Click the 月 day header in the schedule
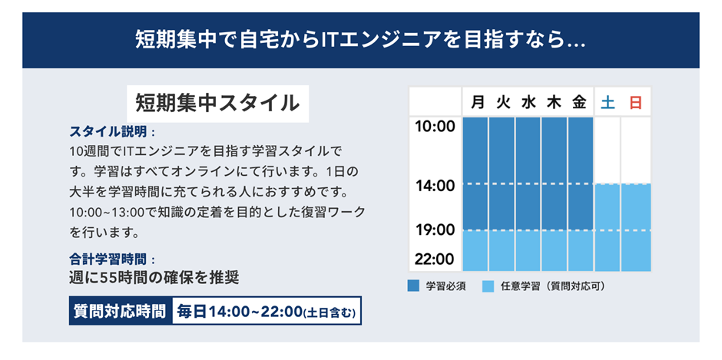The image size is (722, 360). (478, 103)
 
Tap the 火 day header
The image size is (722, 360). (503, 103)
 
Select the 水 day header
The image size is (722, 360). (528, 103)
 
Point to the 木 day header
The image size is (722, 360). (554, 103)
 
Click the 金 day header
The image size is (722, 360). (579, 103)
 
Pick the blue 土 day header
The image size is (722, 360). (608, 103)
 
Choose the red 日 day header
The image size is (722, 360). (635, 103)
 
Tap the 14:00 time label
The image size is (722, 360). (436, 186)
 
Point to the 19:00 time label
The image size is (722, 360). (436, 230)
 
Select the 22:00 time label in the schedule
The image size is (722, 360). (436, 259)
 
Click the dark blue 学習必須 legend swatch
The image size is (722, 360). (413, 286)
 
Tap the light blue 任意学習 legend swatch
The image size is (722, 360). (488, 286)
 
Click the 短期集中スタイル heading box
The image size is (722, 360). (218, 104)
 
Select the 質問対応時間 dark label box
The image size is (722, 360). (120, 311)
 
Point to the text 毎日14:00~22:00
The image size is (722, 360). (239, 311)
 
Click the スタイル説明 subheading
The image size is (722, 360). (108, 132)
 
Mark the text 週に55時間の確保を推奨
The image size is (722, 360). (154, 278)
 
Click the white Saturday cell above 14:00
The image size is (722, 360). (607, 150)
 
